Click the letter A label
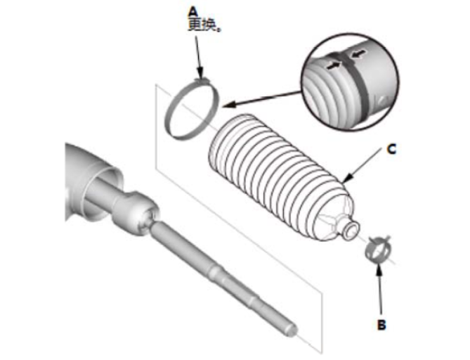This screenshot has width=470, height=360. pyautogui.click(x=193, y=12)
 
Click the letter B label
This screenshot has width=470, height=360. pyautogui.click(x=381, y=325)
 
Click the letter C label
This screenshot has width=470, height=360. pyautogui.click(x=391, y=149)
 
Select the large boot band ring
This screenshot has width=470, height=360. pyautogui.click(x=192, y=110)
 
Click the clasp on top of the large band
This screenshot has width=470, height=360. pyautogui.click(x=202, y=81)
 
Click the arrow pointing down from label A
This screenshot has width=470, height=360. pyautogui.click(x=198, y=57)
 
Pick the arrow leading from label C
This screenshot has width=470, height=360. pyautogui.click(x=363, y=166)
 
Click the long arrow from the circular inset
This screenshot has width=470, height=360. pyautogui.click(x=261, y=99)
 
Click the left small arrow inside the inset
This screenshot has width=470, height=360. pyautogui.click(x=334, y=65)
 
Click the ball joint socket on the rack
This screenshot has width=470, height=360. pyautogui.click(x=136, y=212)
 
